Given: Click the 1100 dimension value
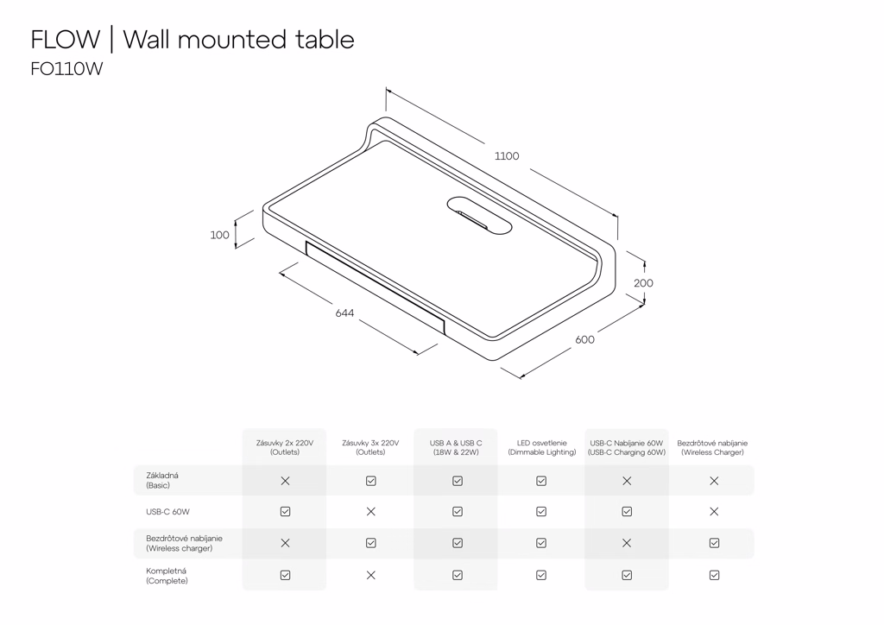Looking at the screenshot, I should pos(507,156).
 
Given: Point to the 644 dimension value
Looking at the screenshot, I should pos(344,312).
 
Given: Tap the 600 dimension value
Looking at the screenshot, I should pos(584,339).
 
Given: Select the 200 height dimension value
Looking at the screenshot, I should pos(643,283).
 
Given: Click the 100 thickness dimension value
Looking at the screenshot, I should pos(220,235).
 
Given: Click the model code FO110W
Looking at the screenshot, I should pos(66,70).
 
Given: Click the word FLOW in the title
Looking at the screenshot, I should pos(66,40).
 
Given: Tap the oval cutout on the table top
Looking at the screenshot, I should pos(480,216).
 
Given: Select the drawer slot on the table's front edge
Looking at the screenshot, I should pos(375,285).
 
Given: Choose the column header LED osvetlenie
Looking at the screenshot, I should pos(541,447).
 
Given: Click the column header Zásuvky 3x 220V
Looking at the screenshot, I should pos(370,447).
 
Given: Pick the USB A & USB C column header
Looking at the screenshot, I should pos(456,447).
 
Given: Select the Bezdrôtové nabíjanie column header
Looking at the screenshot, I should pos(712,447).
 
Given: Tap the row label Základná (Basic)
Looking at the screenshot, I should pos(162,480).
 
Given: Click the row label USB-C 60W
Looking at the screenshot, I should pos(167,512).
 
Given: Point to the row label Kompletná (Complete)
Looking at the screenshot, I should pos(167,576).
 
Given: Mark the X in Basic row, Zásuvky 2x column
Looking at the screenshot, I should pos(285,481).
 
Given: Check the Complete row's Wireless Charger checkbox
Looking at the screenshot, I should pos(714,575).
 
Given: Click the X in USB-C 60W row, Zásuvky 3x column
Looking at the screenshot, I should pos(370,512).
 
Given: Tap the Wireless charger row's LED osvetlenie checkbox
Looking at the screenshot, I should pos(541,543).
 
